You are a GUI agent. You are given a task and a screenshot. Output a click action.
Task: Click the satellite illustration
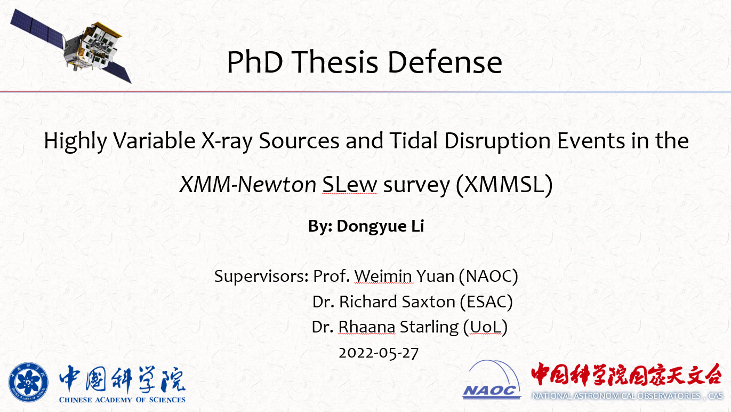[x=71, y=46]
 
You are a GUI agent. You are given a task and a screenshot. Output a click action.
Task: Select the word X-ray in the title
[x=227, y=141]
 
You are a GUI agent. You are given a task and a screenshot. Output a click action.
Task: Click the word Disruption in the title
[x=497, y=141]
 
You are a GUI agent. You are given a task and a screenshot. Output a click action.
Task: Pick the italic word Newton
[x=277, y=184]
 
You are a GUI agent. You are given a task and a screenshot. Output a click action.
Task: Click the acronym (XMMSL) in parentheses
[x=504, y=185]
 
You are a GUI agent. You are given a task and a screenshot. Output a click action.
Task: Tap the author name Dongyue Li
[x=380, y=226]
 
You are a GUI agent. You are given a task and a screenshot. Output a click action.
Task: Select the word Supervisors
[x=261, y=276]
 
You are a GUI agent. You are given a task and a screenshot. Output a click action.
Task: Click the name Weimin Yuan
[x=404, y=276]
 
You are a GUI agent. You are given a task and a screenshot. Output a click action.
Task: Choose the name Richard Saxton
[x=397, y=302]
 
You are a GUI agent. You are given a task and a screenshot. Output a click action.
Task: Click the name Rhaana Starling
[x=398, y=327]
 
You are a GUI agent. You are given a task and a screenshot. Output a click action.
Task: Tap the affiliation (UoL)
[x=486, y=327]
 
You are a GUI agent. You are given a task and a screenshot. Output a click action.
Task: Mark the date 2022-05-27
[x=379, y=353]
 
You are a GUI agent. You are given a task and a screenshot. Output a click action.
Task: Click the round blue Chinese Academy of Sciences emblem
[x=28, y=382]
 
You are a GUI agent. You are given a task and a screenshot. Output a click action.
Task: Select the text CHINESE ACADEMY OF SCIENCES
[x=122, y=400]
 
